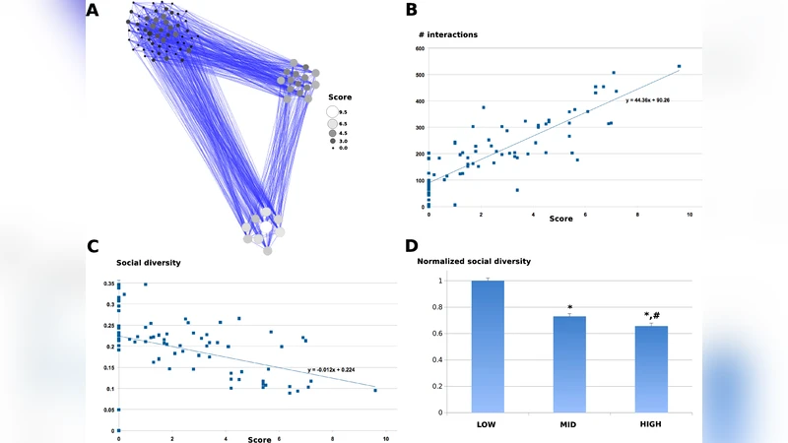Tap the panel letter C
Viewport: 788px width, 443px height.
[x=95, y=246]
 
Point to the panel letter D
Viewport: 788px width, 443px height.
[x=411, y=246]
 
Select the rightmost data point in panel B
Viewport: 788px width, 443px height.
[x=680, y=67]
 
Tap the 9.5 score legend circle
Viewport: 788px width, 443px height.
[x=333, y=112]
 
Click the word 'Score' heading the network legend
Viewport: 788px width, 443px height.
[x=340, y=97]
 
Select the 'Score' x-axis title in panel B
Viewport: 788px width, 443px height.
[x=560, y=219]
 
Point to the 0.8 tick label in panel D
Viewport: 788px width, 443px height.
[x=452, y=307]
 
